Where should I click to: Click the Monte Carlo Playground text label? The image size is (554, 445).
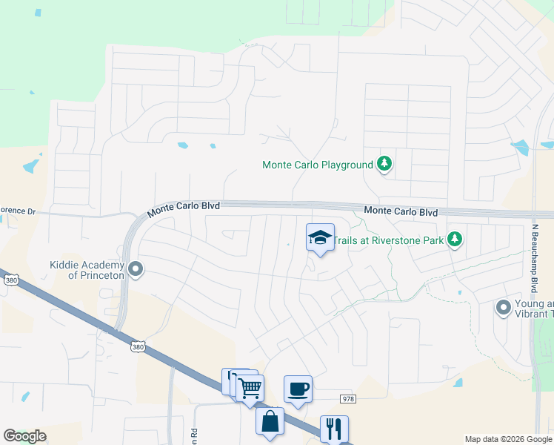click(x=318, y=165)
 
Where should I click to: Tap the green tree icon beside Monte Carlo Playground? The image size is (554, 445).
click(x=384, y=163)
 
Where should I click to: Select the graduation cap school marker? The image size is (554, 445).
click(x=320, y=238)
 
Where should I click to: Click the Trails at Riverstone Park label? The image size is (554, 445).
click(x=387, y=240)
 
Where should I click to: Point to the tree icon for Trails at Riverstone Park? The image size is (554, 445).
click(x=455, y=239)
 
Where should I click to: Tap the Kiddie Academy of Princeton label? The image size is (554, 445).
click(x=87, y=270)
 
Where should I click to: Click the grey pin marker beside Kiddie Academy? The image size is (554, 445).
click(x=135, y=269)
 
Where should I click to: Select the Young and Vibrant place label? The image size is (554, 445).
click(x=534, y=308)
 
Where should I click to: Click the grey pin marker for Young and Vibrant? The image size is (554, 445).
click(x=504, y=306)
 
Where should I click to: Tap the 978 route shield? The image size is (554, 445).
click(x=348, y=399)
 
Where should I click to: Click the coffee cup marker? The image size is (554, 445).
click(x=298, y=389)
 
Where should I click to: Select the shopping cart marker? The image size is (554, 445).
click(x=250, y=386)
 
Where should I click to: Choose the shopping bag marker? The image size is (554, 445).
click(x=270, y=421)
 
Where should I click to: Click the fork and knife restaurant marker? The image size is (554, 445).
click(x=334, y=428)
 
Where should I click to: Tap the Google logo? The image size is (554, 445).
click(x=24, y=436)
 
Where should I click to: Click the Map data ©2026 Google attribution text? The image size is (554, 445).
click(x=507, y=439)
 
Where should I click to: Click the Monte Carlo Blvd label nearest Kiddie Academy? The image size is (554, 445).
click(x=184, y=206)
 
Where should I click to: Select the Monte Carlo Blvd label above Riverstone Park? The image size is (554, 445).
click(x=401, y=212)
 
